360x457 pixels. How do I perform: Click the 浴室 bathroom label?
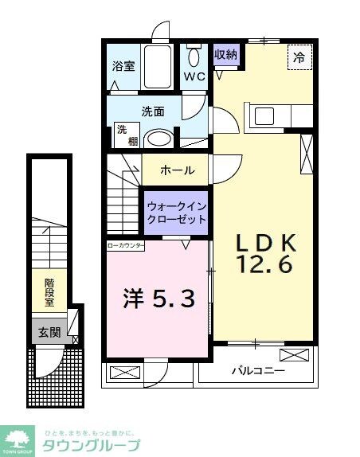[123, 67]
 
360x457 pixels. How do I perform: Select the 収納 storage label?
[225, 55]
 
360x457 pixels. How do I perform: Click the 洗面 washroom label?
[153, 111]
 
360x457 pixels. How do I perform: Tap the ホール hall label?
[177, 170]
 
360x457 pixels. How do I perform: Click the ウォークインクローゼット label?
[176, 213]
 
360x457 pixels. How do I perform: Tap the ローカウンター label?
[126, 246]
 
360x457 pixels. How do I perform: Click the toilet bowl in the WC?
[194, 57]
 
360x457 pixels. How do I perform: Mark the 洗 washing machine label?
[123, 129]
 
